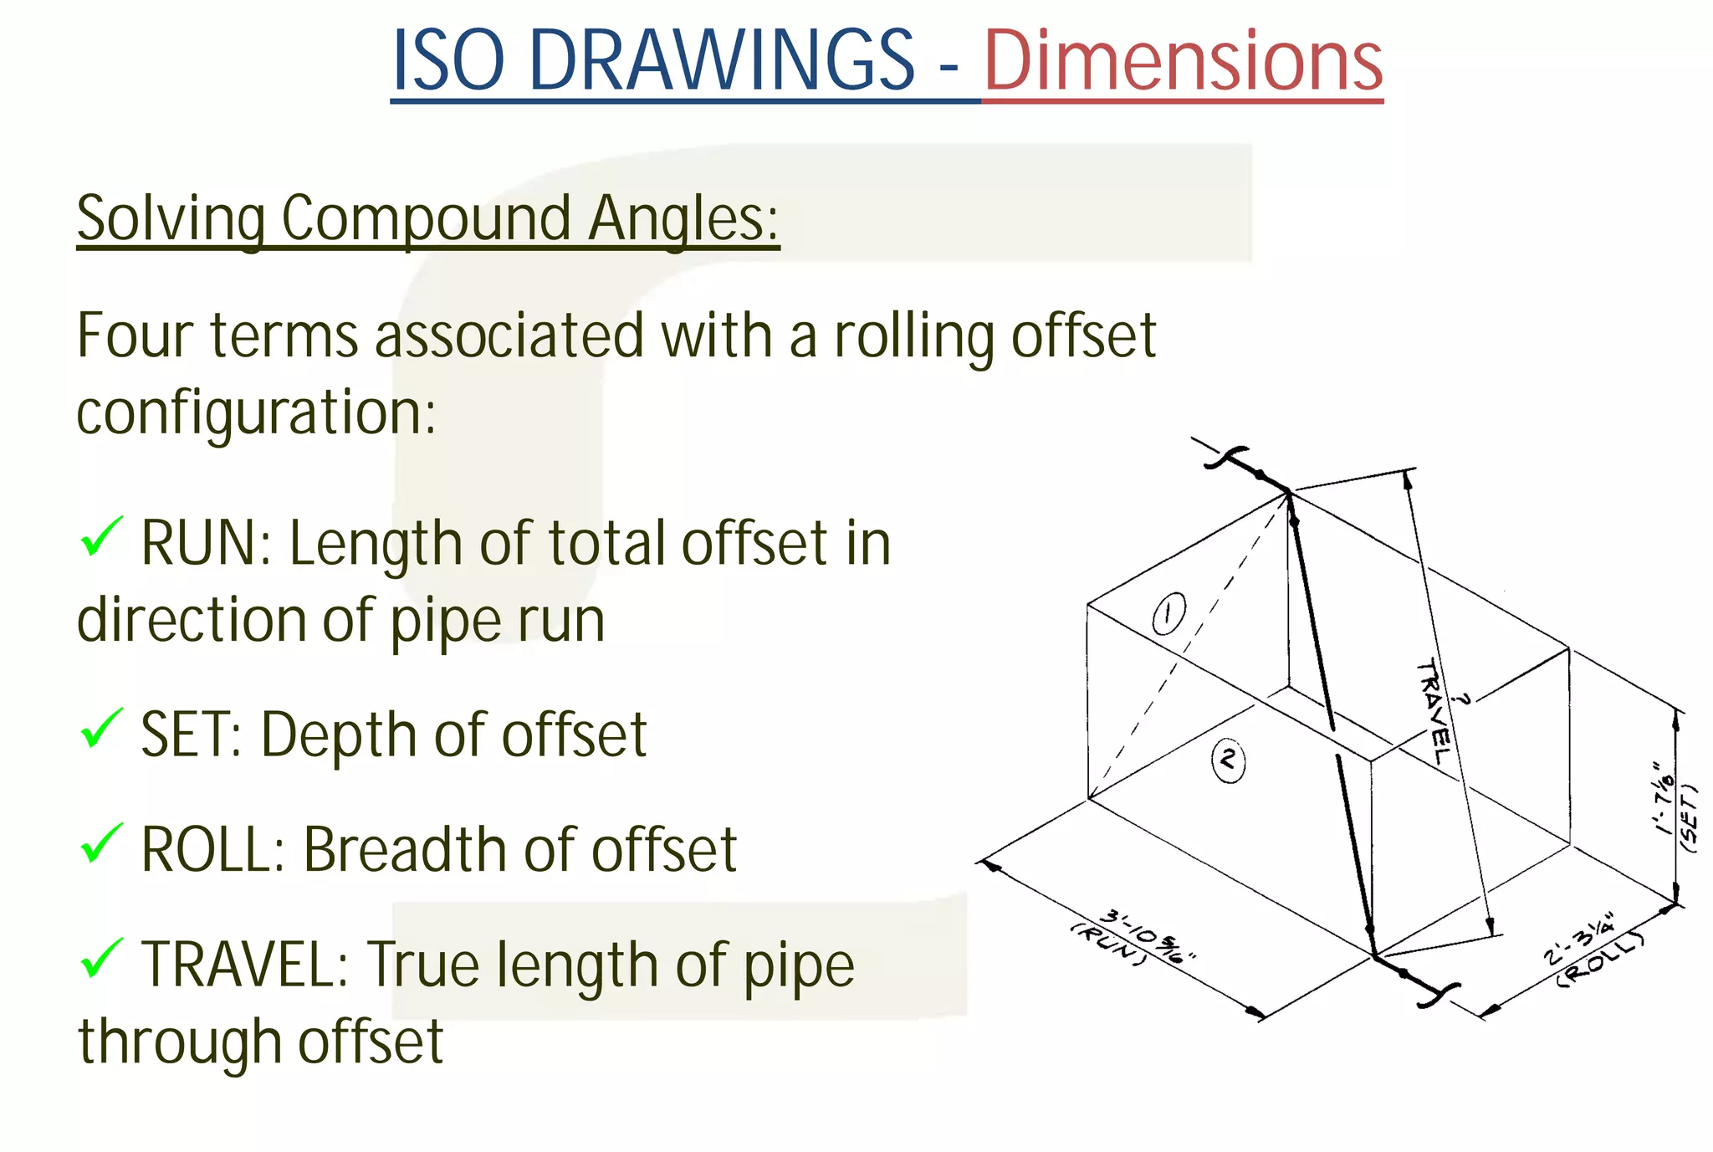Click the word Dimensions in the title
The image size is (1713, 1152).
point(1183,60)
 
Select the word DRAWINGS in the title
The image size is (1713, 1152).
point(723,60)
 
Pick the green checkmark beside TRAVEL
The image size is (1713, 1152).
point(101,958)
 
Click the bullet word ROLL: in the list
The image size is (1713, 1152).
point(213,850)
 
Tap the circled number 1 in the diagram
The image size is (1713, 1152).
point(1168,614)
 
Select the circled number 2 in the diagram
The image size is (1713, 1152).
point(1228,760)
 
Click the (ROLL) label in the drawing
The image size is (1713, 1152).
point(1600,959)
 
